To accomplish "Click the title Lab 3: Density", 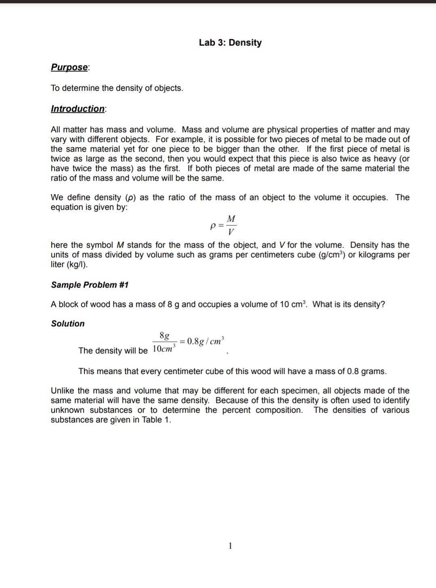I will pos(230,43).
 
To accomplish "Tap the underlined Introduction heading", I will pos(78,109).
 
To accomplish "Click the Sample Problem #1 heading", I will pos(90,285).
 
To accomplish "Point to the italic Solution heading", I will pos(68,324).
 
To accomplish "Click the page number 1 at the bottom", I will pos(230,546).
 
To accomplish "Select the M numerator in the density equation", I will pos(231,219).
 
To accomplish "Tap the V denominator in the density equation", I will pos(231,232).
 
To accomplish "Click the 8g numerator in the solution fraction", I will pos(164,336).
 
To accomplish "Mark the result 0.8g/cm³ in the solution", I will pos(205,341).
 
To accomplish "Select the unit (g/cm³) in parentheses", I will pos(332,255).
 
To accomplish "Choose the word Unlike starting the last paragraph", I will pos(63,391).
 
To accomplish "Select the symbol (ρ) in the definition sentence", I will pos(131,198).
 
